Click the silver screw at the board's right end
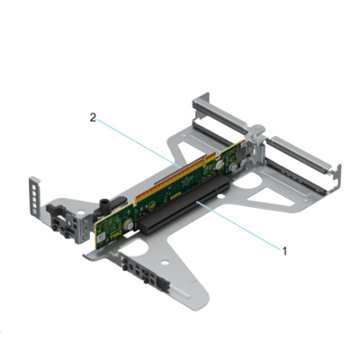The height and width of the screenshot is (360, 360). pyautogui.click(x=233, y=166)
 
